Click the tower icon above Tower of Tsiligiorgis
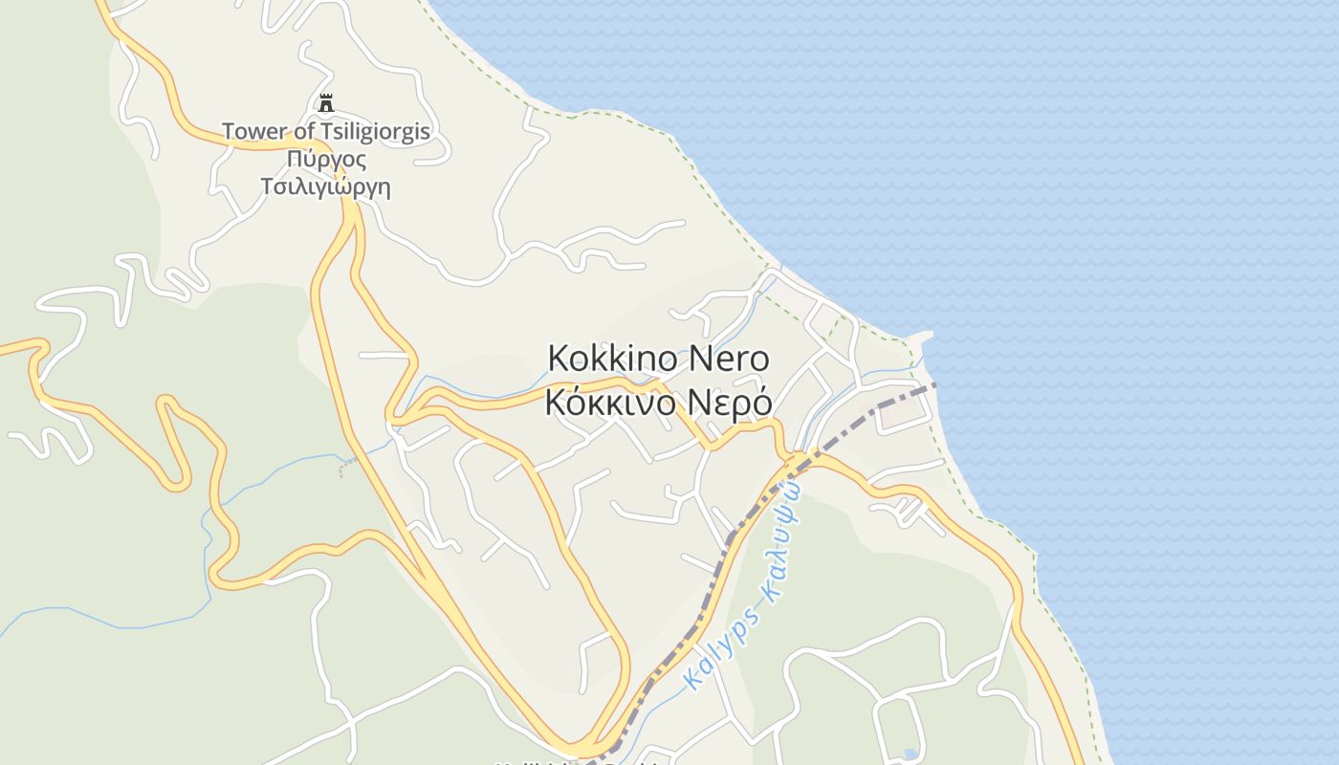[x=326, y=103]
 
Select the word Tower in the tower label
[x=250, y=132]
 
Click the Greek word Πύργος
[x=326, y=159]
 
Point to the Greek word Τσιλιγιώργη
[x=326, y=186]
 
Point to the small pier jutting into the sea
[x=920, y=338]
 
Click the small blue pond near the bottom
[x=910, y=754]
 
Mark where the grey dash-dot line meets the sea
[x=934, y=384]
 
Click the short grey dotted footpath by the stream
[x=349, y=466]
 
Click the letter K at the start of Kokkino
[x=558, y=360]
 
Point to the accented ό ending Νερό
[x=761, y=403]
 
